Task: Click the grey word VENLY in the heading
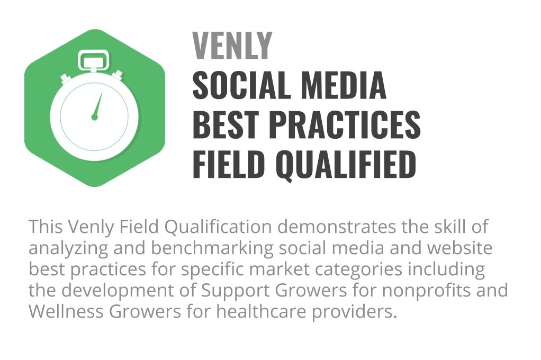tap(232, 46)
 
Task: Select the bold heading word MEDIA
tap(344, 85)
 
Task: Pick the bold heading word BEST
tap(226, 124)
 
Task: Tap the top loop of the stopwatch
tap(94, 60)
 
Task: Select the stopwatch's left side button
tap(66, 79)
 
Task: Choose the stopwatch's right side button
tap(118, 76)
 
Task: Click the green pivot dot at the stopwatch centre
tap(95, 118)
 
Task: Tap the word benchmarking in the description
tap(212, 248)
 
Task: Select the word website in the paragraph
tap(459, 248)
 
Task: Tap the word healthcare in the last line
tap(261, 311)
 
